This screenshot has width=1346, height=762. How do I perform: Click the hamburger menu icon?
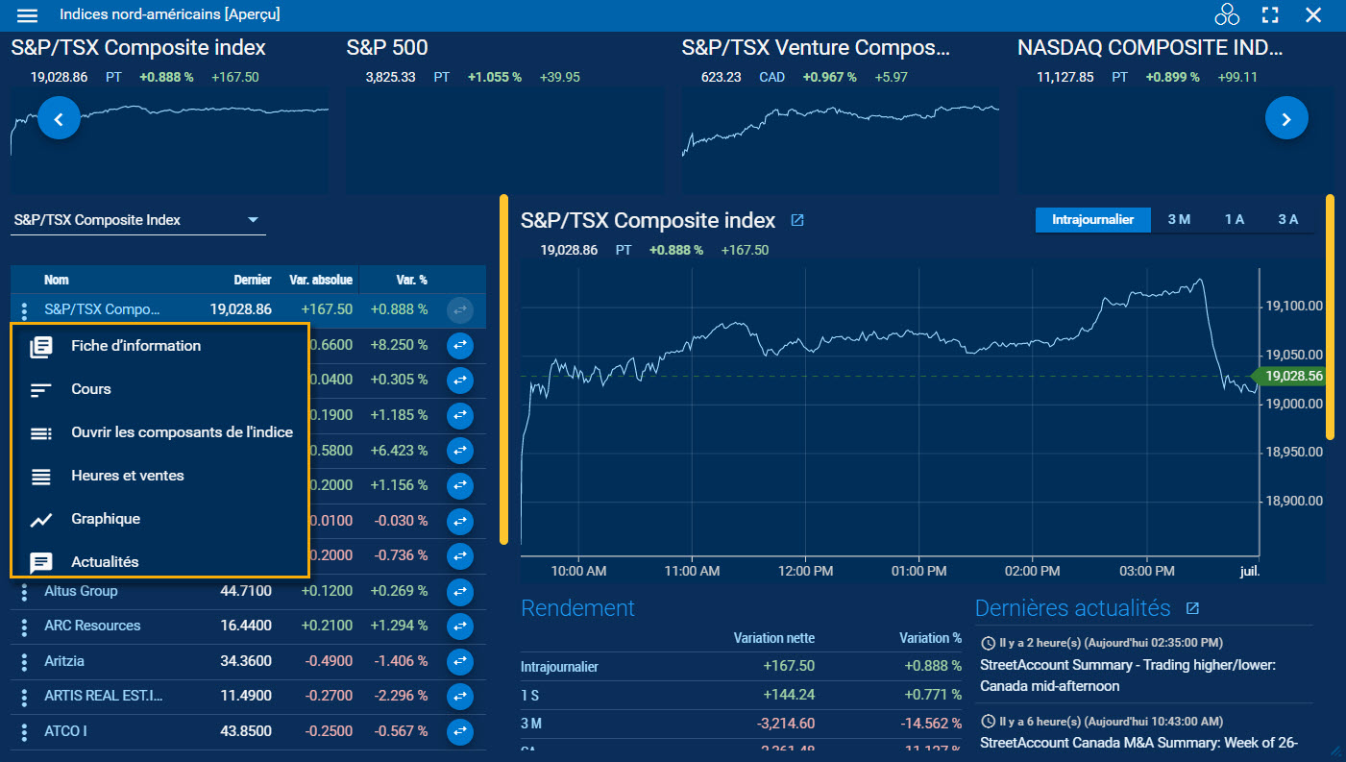28,15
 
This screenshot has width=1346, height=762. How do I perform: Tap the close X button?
1313,14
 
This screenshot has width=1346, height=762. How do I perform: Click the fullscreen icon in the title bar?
1270,14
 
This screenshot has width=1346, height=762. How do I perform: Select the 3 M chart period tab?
1179,220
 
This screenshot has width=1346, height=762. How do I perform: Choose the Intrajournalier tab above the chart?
1092,220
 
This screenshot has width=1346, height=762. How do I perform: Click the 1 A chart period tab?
1234,220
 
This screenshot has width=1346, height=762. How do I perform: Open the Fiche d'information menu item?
135,346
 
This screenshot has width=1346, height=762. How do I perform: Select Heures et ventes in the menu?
127,476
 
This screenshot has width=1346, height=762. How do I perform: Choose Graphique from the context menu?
106,519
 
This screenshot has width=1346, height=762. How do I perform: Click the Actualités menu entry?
105,562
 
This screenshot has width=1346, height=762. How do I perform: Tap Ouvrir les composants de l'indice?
182,432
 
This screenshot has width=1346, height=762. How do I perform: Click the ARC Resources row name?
92,626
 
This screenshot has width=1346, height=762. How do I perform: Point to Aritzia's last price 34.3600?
246,661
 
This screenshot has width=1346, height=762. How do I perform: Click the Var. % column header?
411,280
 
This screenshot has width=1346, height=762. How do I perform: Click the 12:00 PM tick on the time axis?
804,571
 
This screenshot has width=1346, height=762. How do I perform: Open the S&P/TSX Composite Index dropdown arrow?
254,220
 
